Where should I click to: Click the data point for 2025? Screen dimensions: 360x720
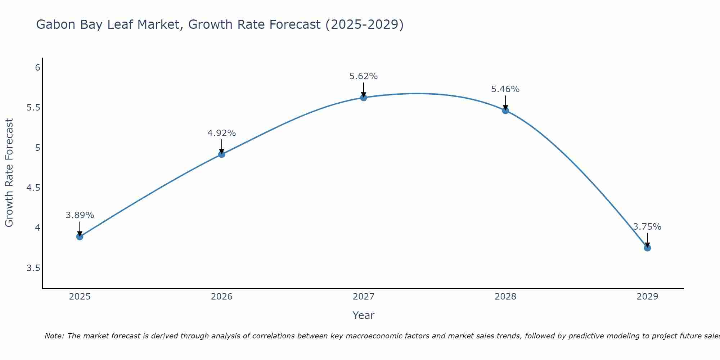(80, 237)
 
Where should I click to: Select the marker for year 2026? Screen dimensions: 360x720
(222, 154)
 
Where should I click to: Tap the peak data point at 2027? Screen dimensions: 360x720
(364, 98)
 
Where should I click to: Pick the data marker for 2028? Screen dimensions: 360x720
(505, 111)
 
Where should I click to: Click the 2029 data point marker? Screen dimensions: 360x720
(647, 248)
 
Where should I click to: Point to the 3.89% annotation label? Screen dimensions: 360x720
(80, 215)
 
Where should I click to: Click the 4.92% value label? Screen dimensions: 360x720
(222, 133)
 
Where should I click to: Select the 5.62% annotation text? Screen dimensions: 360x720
(364, 76)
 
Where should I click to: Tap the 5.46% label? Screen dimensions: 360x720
(505, 89)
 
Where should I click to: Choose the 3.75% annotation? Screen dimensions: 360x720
(647, 227)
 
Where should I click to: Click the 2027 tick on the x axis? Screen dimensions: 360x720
(364, 297)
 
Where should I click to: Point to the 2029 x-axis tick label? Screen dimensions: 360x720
(647, 297)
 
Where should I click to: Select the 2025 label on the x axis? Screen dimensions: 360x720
(80, 297)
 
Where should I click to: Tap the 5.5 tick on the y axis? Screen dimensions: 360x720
(33, 108)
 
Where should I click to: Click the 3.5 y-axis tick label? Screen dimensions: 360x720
(33, 268)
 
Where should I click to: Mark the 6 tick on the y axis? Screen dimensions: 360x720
(37, 68)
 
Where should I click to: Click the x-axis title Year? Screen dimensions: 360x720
(364, 315)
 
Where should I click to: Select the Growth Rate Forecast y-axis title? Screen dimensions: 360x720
(9, 172)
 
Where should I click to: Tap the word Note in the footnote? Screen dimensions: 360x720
(54, 336)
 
